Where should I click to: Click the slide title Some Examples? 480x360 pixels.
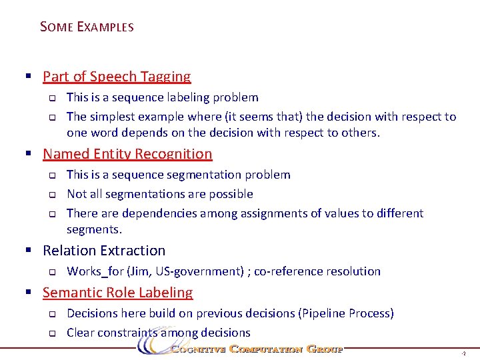87,27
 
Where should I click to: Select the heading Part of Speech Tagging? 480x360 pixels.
117,77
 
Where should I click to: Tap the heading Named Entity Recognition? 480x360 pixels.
127,154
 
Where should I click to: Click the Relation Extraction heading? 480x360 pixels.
104,251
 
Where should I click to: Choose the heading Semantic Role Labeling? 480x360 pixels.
117,293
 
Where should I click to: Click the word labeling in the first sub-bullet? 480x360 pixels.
186,97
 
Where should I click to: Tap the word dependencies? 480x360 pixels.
161,213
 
